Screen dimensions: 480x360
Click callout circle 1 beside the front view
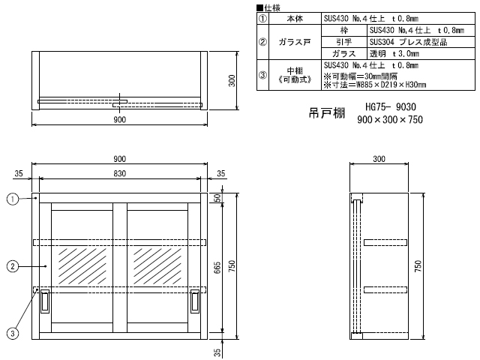point(12,199)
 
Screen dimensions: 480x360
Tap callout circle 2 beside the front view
point(12,266)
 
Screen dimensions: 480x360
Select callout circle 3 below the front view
point(12,333)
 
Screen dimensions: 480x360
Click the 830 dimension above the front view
point(120,173)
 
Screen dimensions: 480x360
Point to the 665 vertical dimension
point(217,268)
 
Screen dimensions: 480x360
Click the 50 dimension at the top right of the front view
point(217,198)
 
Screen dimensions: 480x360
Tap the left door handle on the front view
point(45,301)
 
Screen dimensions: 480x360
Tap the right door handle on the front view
point(195,301)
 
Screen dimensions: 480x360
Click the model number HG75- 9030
point(391,106)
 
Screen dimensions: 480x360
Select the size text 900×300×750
point(390,119)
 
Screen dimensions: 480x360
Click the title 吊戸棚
point(327,113)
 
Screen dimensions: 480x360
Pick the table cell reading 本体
point(295,19)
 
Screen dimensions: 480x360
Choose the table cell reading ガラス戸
point(295,42)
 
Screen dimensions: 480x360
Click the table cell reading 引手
point(344,42)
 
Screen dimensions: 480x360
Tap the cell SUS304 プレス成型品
point(421,42)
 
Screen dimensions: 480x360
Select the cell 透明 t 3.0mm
point(421,53)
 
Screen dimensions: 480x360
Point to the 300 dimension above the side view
point(379,159)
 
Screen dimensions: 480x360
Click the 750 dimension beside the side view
point(418,266)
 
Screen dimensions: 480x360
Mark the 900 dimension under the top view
point(120,120)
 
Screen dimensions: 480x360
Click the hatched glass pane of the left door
point(82,266)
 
